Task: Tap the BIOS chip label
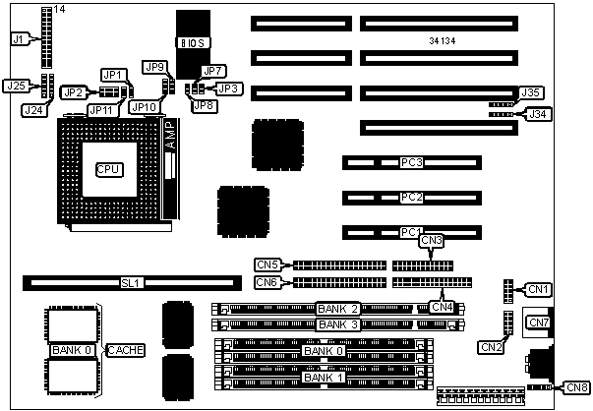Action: pos(190,43)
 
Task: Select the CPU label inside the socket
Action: pos(108,169)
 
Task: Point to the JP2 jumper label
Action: pos(72,92)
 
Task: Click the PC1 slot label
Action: pos(411,232)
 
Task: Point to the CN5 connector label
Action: pos(267,264)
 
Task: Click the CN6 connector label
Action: pos(267,283)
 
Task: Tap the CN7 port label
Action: pos(539,322)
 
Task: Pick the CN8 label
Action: pos(577,387)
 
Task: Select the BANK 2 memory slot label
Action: pos(338,308)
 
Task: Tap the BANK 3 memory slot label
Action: pos(338,323)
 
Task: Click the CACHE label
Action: pos(126,349)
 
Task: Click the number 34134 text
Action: pos(447,41)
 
